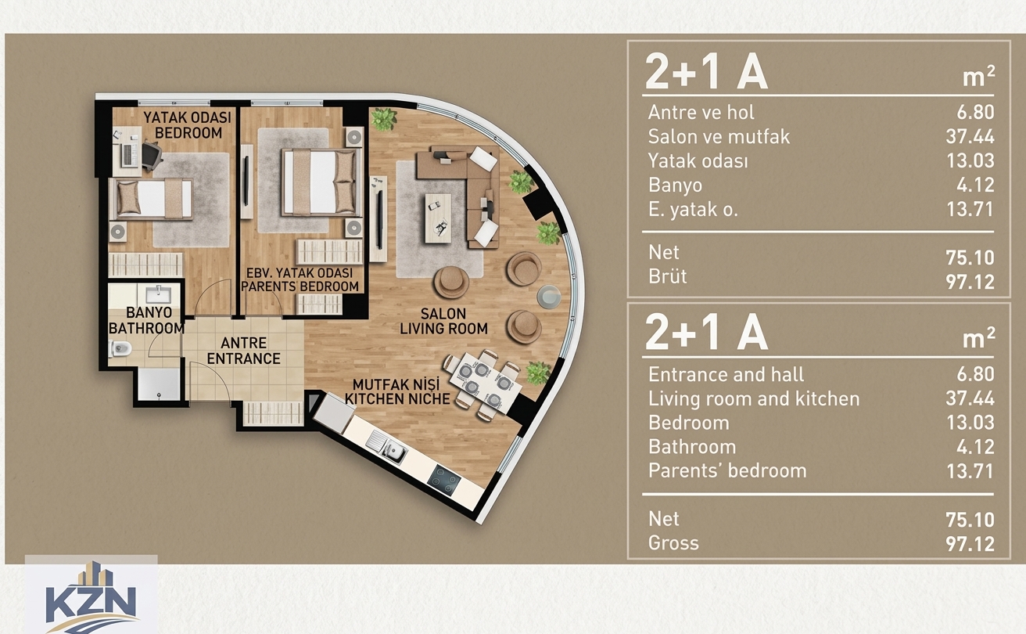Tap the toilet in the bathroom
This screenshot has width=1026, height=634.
tap(120, 349)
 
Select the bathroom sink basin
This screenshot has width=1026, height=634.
tap(158, 294)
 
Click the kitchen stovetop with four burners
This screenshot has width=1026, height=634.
tap(444, 481)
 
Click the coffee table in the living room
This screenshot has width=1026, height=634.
tap(438, 218)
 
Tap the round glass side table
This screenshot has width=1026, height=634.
tap(549, 296)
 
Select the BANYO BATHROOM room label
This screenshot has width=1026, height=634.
tap(146, 320)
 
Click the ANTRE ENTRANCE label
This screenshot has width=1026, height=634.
tap(244, 351)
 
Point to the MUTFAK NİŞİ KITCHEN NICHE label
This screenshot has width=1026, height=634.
tap(397, 391)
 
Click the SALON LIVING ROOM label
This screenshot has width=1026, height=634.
tap(443, 321)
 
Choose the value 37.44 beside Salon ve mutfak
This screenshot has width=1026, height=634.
tap(970, 136)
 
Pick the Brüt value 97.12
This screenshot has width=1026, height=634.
tap(970, 282)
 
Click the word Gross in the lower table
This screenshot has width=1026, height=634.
tap(673, 543)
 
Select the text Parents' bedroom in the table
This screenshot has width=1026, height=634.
tap(727, 470)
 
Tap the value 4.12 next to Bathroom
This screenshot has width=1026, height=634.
tap(975, 446)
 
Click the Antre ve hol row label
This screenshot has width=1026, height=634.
tap(701, 112)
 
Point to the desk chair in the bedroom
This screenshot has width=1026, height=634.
tap(152, 156)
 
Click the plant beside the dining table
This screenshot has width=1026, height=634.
tap(538, 373)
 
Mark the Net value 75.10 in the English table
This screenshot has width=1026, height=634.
tap(970, 520)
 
